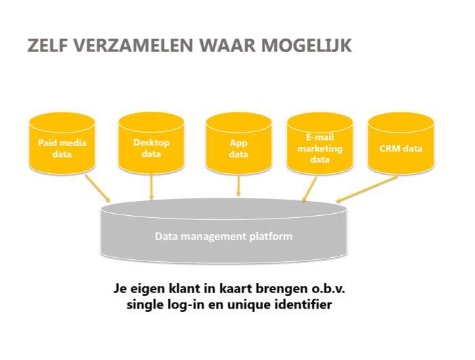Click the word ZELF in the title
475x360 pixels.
(x=47, y=46)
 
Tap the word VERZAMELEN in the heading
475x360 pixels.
(x=133, y=46)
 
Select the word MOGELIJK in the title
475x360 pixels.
(x=307, y=46)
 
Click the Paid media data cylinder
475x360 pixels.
(x=62, y=143)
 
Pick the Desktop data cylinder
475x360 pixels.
(x=151, y=143)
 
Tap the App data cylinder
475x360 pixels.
(x=238, y=143)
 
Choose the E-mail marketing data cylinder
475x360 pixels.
(x=319, y=143)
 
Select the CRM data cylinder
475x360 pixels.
(x=401, y=143)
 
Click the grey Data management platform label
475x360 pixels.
(x=223, y=236)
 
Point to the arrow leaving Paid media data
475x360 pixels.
(x=97, y=188)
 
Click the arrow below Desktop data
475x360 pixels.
(x=152, y=187)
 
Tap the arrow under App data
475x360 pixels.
(x=239, y=186)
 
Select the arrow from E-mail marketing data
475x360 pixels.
(x=309, y=189)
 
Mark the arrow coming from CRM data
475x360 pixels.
(x=367, y=189)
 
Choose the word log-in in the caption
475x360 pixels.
(x=186, y=305)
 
